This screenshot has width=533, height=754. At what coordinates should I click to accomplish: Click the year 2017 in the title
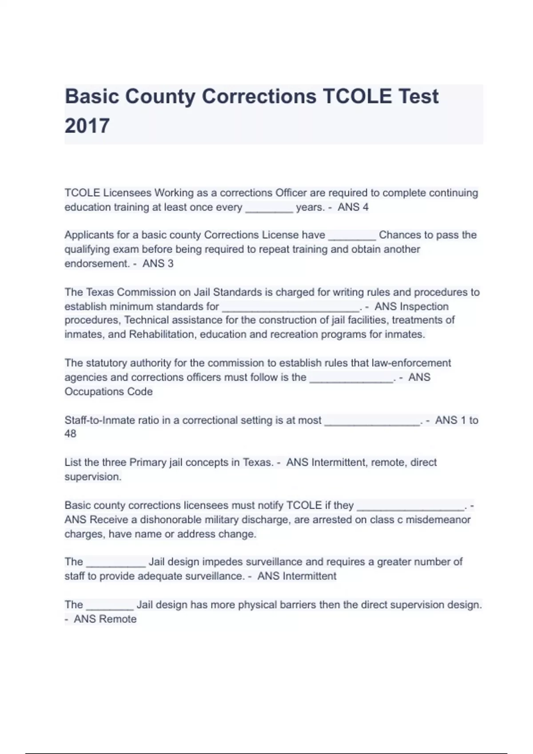point(87,126)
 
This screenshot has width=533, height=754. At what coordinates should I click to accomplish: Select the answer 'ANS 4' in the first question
point(353,207)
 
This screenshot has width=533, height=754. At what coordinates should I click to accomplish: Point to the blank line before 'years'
point(269,208)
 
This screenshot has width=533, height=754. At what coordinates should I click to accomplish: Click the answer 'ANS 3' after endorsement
point(158,263)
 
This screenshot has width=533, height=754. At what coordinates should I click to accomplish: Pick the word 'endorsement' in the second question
point(96,263)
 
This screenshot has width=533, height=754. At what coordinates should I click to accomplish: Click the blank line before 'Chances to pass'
point(352,236)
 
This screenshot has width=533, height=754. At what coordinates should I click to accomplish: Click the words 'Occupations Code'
point(108,392)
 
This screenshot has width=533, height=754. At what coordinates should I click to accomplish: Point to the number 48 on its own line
point(70,434)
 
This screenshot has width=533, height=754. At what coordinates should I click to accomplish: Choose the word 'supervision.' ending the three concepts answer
point(93,477)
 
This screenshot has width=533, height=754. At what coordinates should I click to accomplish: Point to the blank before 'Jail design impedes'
point(115,563)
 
